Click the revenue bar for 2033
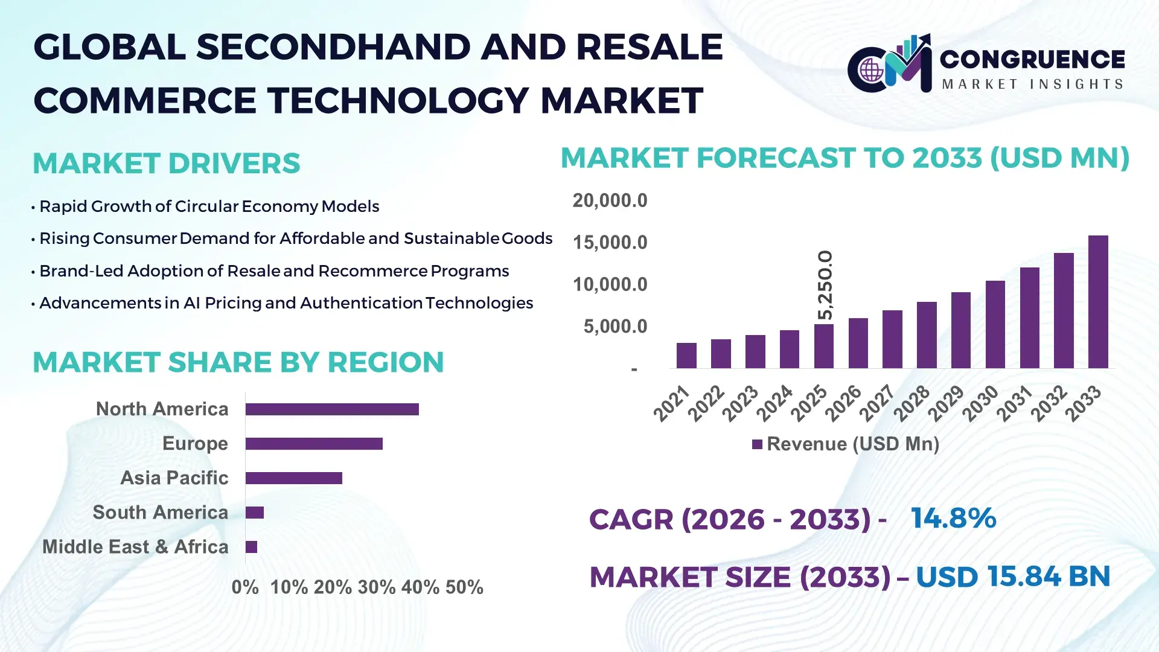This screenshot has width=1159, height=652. coord(1098,302)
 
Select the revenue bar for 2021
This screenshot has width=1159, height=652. coord(686,356)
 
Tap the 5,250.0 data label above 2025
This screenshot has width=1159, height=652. coord(825,285)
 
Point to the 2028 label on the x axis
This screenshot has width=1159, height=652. coord(912,403)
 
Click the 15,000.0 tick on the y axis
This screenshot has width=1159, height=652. coord(610,243)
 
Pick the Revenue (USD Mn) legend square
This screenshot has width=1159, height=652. coord(757,444)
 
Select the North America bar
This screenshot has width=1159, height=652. coord(332,409)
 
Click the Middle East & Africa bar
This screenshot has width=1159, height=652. coord(251,547)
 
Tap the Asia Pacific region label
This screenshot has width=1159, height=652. coord(174,478)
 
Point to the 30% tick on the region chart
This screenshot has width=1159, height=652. coord(376,587)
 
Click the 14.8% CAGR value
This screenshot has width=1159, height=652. coord(953,518)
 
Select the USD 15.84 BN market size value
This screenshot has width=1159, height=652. coord(1012,577)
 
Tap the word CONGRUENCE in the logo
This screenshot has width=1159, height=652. coord(1032,59)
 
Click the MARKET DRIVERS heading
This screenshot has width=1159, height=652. coord(166,164)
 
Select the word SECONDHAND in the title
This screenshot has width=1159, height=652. coord(333,47)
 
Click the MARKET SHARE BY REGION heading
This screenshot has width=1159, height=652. coord(238,362)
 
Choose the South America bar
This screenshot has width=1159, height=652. coord(255,513)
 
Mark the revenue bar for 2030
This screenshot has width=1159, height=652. coord(995,325)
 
